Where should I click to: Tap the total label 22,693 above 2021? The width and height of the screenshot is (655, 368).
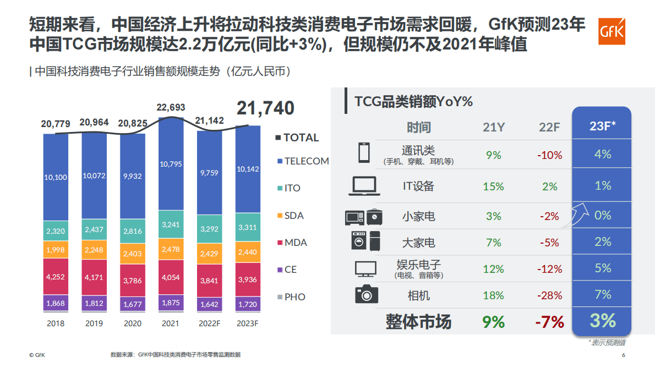click(x=171, y=107)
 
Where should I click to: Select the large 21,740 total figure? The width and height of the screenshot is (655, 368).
click(x=265, y=108)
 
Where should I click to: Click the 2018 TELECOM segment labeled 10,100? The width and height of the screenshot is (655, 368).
click(x=56, y=177)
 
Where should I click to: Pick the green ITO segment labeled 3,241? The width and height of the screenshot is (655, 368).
click(x=171, y=224)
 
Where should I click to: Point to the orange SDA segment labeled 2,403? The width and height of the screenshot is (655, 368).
click(x=132, y=254)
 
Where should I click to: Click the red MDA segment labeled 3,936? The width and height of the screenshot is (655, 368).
click(x=248, y=279)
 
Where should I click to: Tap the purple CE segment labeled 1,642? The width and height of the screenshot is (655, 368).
click(x=209, y=303)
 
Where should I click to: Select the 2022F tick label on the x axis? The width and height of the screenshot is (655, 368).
click(x=209, y=323)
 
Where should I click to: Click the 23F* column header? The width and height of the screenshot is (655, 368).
click(x=602, y=127)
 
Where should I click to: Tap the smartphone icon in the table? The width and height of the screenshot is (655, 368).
click(x=363, y=152)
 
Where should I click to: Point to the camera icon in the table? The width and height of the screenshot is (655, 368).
click(x=367, y=294)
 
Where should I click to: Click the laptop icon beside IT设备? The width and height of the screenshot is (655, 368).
click(x=363, y=186)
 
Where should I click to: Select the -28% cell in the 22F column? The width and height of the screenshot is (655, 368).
click(x=549, y=295)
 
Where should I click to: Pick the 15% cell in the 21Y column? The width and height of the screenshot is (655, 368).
click(x=493, y=186)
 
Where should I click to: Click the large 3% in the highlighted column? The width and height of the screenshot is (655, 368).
click(x=602, y=321)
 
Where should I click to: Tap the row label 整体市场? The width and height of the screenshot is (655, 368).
click(x=418, y=322)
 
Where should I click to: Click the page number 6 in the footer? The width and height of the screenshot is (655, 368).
click(x=624, y=355)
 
